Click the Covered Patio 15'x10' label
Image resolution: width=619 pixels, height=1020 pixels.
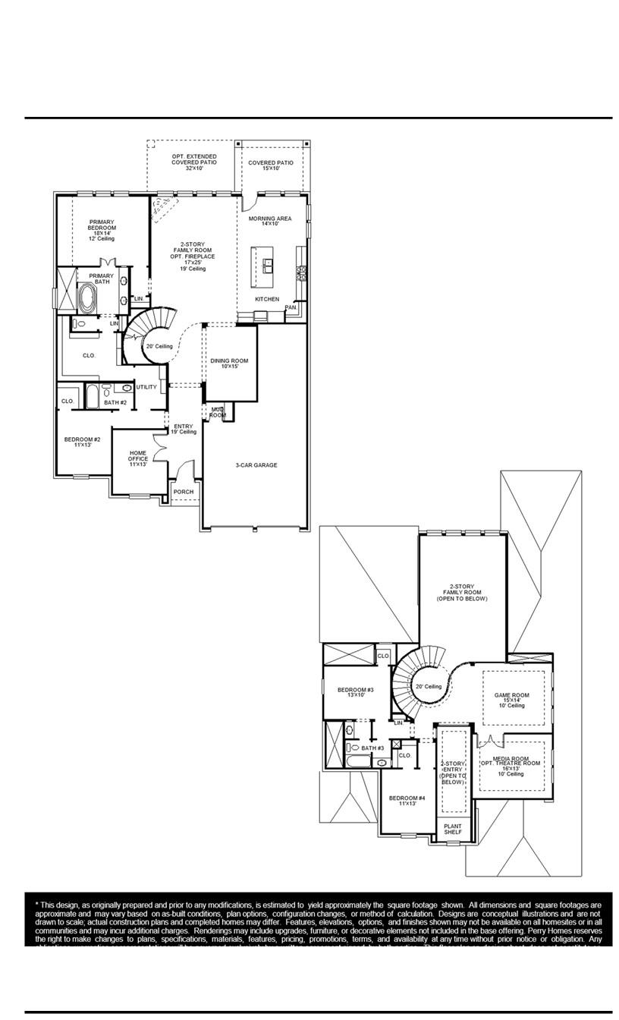(270, 165)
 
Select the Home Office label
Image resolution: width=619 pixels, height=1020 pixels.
(137, 458)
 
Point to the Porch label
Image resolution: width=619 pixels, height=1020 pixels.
(183, 492)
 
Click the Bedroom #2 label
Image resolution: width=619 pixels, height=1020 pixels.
(82, 442)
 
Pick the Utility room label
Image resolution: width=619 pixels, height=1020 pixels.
(146, 387)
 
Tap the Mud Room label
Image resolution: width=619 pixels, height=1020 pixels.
(218, 413)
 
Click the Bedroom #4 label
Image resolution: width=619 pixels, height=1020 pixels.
(407, 801)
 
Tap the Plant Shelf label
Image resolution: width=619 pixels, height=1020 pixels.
(452, 830)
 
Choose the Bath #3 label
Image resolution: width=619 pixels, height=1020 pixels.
(372, 748)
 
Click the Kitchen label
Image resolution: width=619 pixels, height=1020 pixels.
(266, 299)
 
